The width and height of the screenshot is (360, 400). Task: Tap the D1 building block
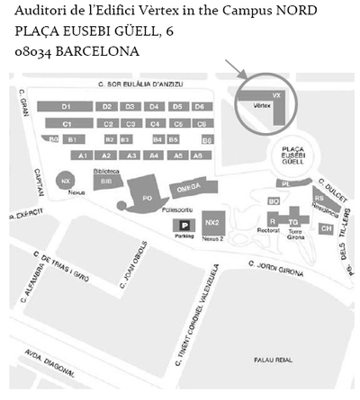click(x=66, y=107)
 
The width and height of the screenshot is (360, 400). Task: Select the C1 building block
click(x=66, y=123)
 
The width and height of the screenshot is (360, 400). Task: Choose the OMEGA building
click(x=187, y=189)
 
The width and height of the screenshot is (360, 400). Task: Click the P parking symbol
click(x=184, y=226)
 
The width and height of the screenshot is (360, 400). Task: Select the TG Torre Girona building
click(x=292, y=218)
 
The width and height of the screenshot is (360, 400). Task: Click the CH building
click(x=325, y=228)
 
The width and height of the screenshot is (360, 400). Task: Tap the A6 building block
click(x=201, y=156)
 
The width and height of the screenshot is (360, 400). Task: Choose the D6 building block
click(x=200, y=107)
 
